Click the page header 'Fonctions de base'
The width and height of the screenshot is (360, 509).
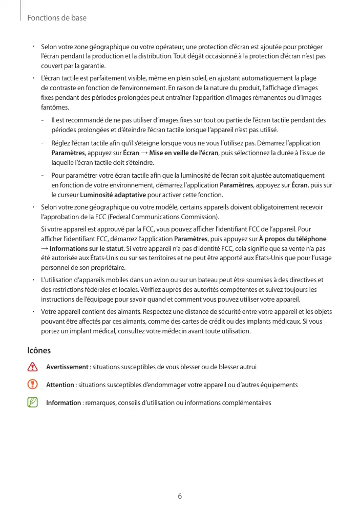[x=56, y=18]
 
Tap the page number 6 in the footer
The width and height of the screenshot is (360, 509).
[x=180, y=496]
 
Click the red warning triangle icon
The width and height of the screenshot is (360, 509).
[x=33, y=367]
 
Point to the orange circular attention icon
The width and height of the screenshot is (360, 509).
[x=33, y=385]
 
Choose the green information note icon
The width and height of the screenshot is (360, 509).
[x=33, y=402]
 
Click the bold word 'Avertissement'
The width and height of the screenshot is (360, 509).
[x=67, y=367]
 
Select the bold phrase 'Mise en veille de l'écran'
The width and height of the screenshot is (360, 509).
[x=184, y=153]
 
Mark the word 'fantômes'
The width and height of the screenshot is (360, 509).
[x=54, y=108]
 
